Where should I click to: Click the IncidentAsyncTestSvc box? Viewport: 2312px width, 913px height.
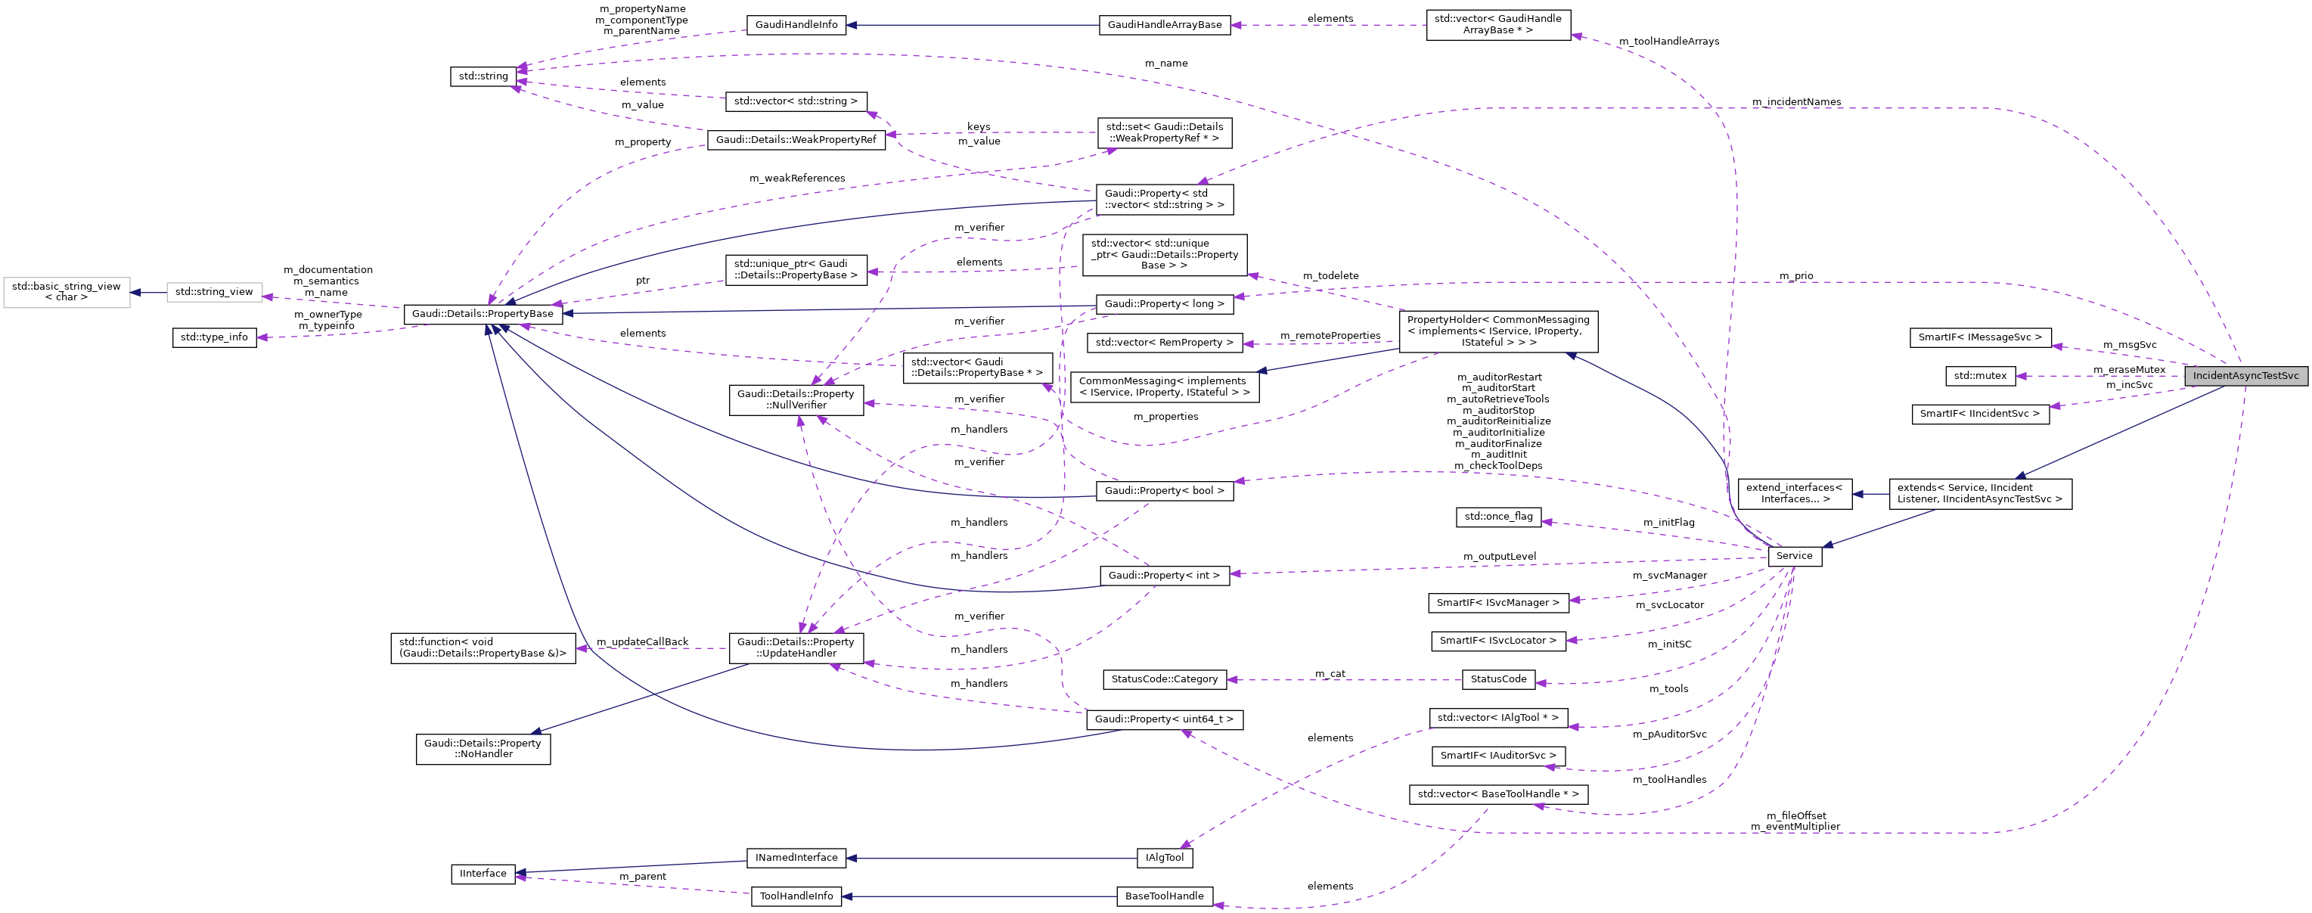tap(2245, 375)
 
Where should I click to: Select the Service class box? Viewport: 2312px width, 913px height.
tap(1794, 556)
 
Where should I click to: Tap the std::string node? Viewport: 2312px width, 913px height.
tap(483, 76)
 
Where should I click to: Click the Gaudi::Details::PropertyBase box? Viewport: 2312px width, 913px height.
tap(483, 314)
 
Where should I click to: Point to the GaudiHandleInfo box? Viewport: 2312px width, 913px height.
tap(796, 25)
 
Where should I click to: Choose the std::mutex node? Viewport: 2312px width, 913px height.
tap(1980, 375)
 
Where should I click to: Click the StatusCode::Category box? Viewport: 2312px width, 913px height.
tap(1164, 679)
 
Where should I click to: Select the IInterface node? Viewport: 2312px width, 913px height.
tap(483, 874)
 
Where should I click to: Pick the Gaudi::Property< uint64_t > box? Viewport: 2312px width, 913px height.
tap(1164, 719)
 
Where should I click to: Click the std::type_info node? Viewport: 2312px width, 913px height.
tap(213, 337)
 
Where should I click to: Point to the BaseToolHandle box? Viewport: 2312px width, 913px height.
tap(1164, 896)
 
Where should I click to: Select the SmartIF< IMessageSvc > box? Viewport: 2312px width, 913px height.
tap(1979, 337)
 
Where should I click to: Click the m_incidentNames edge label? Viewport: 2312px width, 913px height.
tap(1796, 102)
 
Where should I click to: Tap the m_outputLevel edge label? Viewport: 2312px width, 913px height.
tap(1499, 557)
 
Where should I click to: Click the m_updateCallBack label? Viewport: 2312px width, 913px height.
tap(642, 642)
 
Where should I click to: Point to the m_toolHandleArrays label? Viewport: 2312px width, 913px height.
tap(1668, 42)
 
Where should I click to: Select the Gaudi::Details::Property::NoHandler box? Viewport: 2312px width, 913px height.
tap(483, 749)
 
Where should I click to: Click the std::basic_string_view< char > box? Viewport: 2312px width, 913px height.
tap(67, 292)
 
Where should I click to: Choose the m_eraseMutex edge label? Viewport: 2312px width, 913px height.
tap(2129, 369)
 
